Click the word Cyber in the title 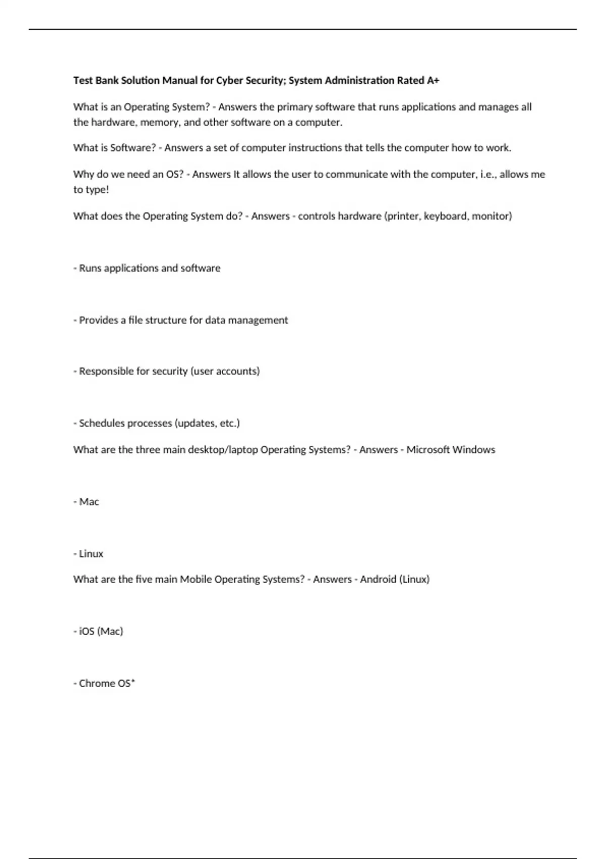coord(229,80)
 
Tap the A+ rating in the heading coord(433,80)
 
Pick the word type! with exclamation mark coord(97,190)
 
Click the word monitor coord(491,216)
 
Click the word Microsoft coord(427,450)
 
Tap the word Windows coord(474,450)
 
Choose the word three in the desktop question coord(147,450)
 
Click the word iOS coord(86,632)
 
